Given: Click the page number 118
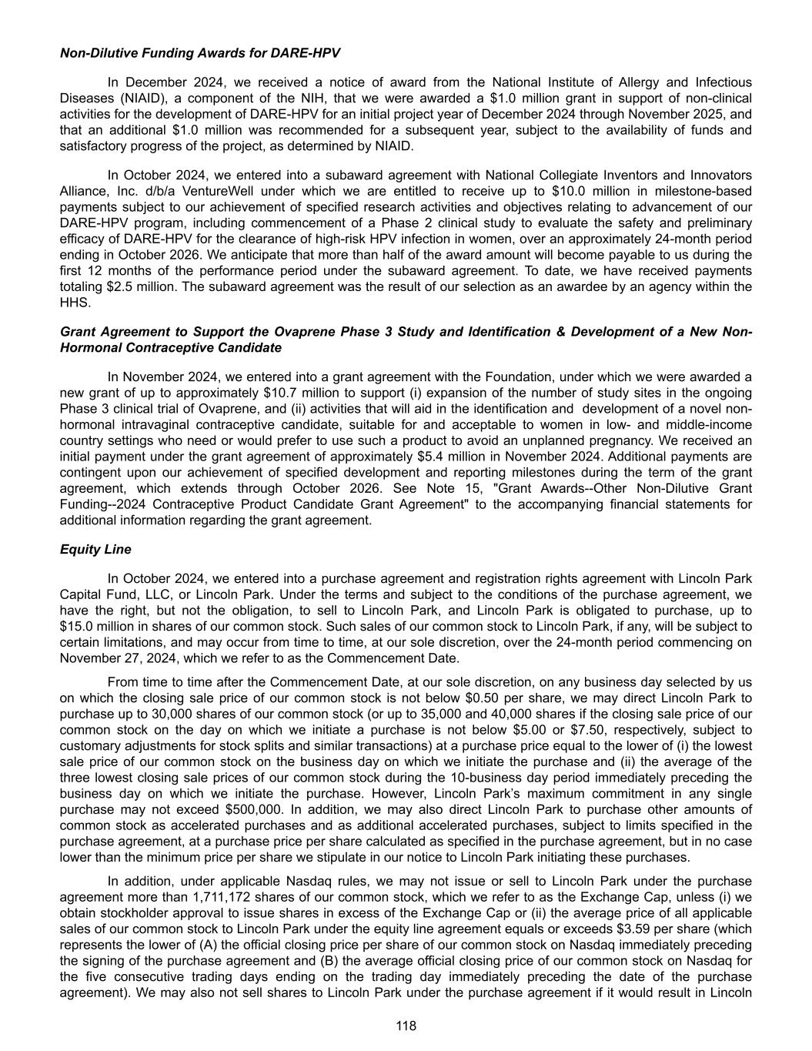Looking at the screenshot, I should coord(406,1026).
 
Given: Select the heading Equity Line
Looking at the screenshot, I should coord(95,549).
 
